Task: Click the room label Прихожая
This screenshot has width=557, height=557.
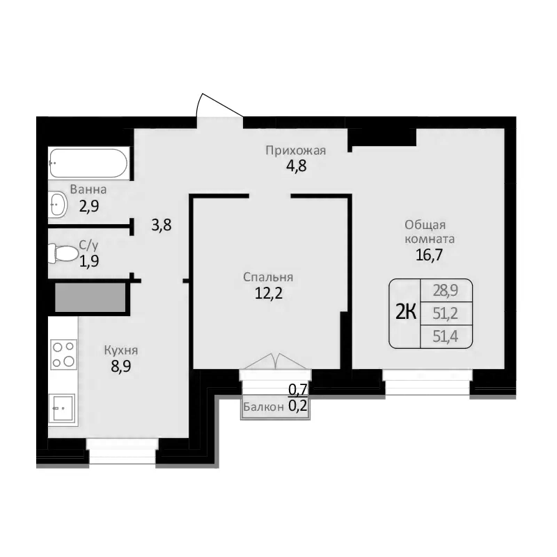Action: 296,150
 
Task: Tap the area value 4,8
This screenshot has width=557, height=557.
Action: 296,166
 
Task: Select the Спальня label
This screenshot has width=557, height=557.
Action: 268,277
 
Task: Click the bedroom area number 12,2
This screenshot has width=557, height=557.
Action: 268,293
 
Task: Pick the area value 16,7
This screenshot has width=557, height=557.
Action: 430,254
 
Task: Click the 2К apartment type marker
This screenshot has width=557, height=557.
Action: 406,313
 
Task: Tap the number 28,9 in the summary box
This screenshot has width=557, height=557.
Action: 446,290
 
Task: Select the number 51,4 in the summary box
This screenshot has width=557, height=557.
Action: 446,336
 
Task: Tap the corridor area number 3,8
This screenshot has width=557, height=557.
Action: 161,225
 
